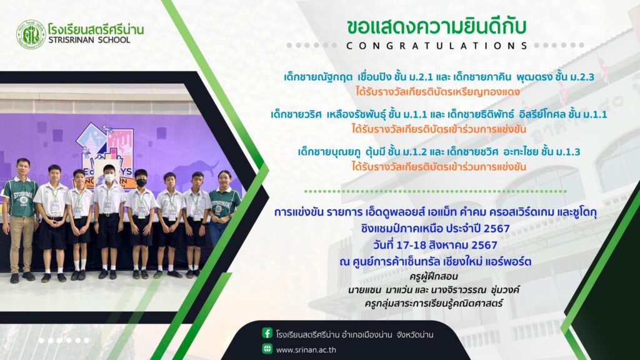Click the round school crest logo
click(x=31, y=35)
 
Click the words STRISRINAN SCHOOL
click(x=89, y=40)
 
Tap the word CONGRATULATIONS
click(x=437, y=46)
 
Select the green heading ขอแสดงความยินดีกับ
click(x=436, y=27)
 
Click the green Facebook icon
click(x=267, y=334)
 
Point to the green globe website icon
click(x=267, y=349)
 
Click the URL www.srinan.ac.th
click(x=306, y=350)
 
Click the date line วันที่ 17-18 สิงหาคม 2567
click(x=435, y=245)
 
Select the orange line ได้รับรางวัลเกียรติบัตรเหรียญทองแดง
click(x=437, y=92)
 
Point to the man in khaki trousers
click(x=21, y=221)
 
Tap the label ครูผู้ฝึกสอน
click(x=434, y=277)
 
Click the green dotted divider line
click(x=435, y=191)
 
